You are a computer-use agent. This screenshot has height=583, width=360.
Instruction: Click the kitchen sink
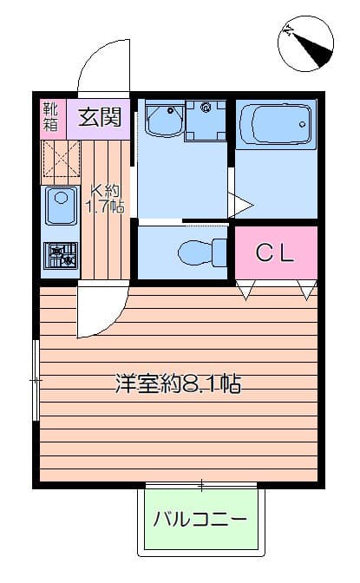62,206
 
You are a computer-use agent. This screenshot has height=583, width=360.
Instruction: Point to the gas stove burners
62,255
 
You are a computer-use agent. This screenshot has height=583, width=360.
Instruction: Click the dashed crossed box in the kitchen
62,161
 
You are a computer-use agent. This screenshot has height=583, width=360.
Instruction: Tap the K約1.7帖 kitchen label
107,199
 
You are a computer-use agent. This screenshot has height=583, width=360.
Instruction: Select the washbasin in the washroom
162,119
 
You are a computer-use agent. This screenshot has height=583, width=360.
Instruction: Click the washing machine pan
206,121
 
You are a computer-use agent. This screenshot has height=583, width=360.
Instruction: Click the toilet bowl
198,253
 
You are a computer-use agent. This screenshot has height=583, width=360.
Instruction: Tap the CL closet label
275,252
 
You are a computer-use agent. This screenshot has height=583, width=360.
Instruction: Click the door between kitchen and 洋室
97,312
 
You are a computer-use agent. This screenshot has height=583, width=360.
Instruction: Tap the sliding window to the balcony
201,484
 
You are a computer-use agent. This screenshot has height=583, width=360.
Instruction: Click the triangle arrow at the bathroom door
240,206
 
